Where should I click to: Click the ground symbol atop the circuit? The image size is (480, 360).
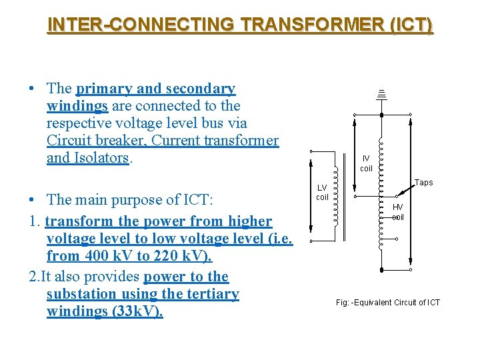(382, 94)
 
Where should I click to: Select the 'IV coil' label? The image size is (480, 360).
(366, 163)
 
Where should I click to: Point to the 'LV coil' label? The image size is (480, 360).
(322, 193)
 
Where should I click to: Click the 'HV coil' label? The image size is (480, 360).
(397, 212)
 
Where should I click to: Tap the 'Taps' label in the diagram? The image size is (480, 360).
(423, 183)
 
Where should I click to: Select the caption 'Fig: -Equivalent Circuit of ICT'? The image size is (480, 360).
(388, 303)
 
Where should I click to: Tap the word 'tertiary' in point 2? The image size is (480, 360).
(213, 294)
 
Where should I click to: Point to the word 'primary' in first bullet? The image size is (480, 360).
(99, 89)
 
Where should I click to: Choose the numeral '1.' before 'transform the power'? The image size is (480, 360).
(36, 221)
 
